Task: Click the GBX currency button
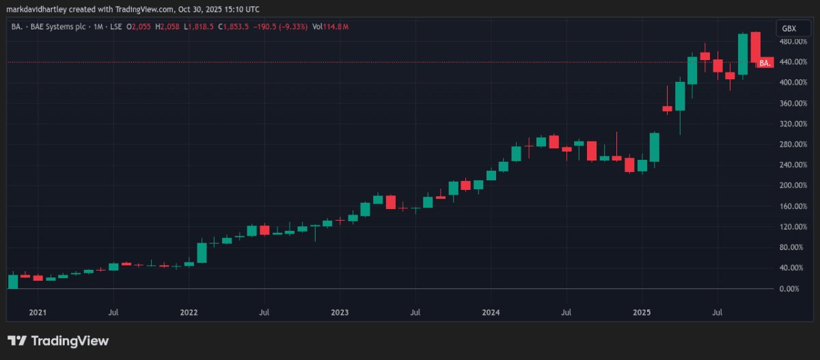[x=793, y=29]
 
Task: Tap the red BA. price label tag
[x=765, y=63]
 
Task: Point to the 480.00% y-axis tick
[x=793, y=42]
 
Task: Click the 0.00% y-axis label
[x=789, y=289]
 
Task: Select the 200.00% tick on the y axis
[x=793, y=186]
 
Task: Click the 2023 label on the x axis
[x=340, y=312]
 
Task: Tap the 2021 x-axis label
[x=38, y=312]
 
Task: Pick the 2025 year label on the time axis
[x=642, y=312]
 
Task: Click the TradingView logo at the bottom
[x=58, y=341]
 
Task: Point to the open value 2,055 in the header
[x=141, y=27]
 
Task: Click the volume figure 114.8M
[x=336, y=27]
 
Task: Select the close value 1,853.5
[x=236, y=27]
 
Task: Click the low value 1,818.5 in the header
[x=201, y=27]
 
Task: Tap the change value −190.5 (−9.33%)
[x=280, y=27]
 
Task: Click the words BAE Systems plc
[x=58, y=27]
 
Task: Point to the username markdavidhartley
[x=37, y=10]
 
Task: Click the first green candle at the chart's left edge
[x=13, y=281]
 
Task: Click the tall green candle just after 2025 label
[x=655, y=147]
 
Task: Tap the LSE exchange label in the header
[x=116, y=27]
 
